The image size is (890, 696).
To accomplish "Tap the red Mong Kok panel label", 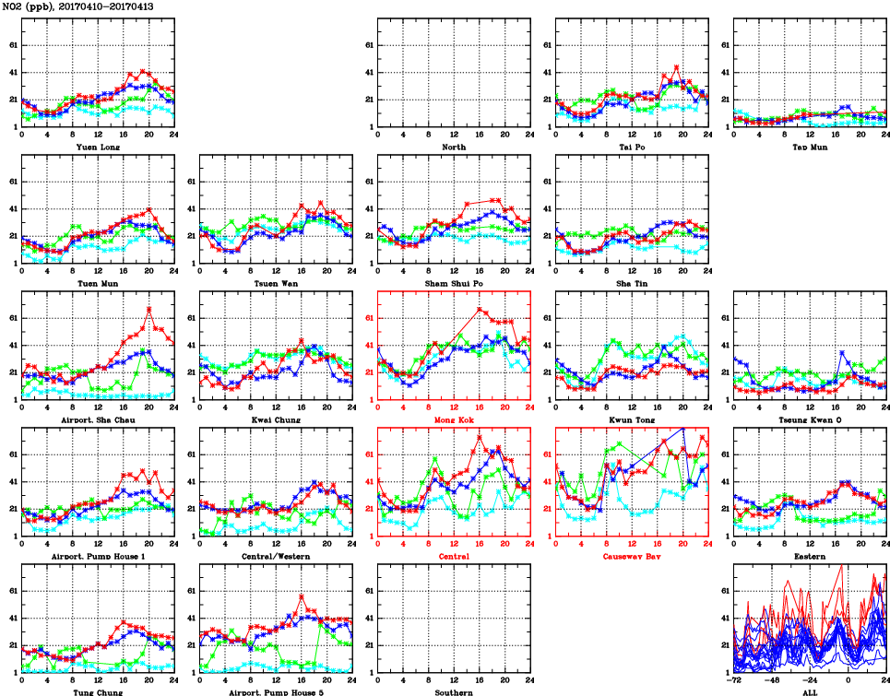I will point(454,419).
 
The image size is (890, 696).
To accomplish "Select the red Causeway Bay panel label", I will point(632,556).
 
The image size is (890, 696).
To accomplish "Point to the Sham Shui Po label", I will point(454,283).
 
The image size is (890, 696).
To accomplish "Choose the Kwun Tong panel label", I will point(632,419).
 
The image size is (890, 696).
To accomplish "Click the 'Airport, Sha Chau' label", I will point(97,419).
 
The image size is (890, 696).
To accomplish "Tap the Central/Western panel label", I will point(276,556).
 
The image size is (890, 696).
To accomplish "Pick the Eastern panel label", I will point(810,556).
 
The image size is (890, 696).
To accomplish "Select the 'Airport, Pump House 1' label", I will point(97,556).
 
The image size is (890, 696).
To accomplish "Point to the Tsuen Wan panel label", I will point(276,283).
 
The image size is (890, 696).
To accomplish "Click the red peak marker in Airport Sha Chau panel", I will point(149,309).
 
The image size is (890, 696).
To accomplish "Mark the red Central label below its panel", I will point(454,556).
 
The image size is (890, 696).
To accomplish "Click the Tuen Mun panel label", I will point(97,283).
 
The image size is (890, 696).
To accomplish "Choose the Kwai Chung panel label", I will point(276,419).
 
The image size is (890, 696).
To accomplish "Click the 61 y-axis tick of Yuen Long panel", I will point(11,45).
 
